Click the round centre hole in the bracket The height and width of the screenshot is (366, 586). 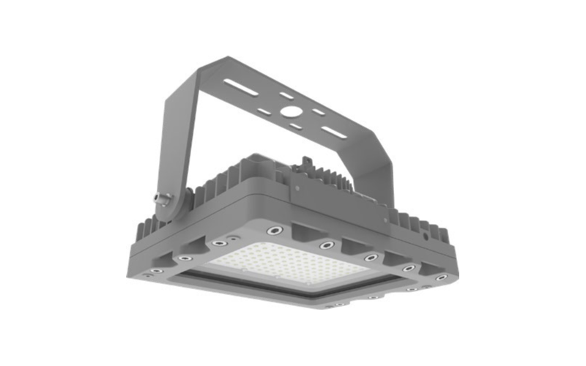click(x=292, y=114)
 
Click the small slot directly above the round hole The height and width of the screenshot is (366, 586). click(x=288, y=96)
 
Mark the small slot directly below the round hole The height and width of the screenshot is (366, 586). click(x=294, y=127)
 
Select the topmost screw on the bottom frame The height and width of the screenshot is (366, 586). click(x=276, y=230)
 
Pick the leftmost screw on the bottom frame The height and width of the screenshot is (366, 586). click(x=150, y=273)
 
